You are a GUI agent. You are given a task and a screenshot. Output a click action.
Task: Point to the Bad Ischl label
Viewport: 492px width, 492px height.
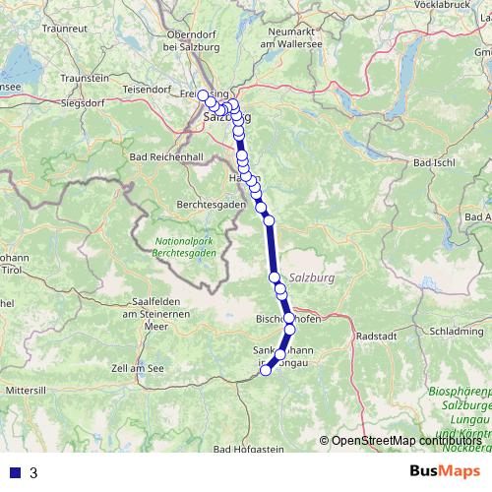(x=434, y=161)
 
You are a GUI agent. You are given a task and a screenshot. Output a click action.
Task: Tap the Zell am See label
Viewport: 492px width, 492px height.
(x=137, y=367)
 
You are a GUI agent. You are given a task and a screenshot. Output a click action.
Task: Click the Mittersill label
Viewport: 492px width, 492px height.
(x=26, y=391)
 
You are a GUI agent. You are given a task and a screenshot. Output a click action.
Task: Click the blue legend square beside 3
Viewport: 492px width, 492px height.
(x=14, y=472)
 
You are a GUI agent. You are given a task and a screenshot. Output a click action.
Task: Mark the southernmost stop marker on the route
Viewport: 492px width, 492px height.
(x=266, y=370)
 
